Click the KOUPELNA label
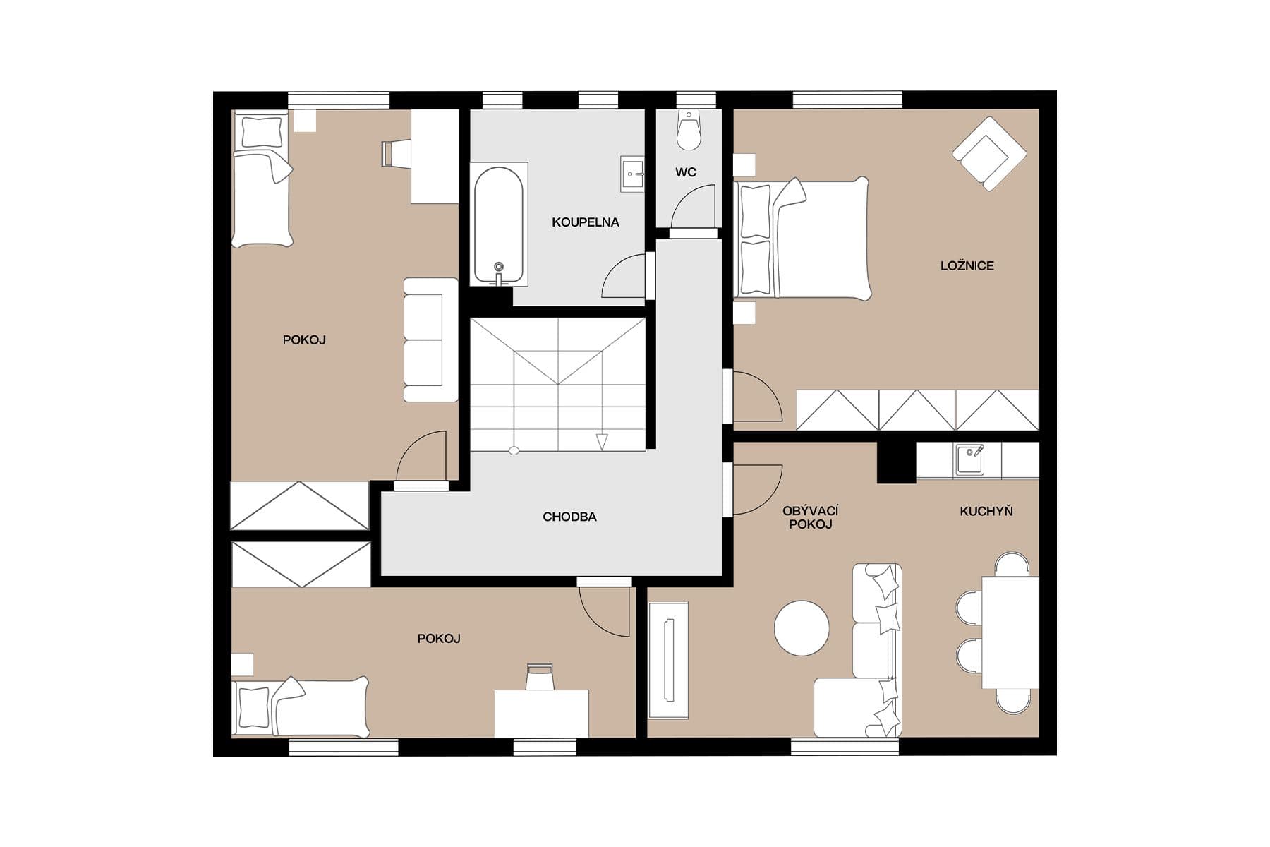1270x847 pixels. pos(585,222)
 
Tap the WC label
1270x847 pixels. pos(685,172)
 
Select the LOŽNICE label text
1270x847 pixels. pos(967,266)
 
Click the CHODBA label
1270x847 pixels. pos(569,517)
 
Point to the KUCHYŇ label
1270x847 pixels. pos(986,511)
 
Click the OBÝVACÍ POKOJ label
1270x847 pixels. pos(810,517)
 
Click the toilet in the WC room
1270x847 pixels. pos(689,131)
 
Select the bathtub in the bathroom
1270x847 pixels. pos(500,224)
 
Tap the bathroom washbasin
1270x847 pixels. pos(632,174)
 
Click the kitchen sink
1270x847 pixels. pos(969,459)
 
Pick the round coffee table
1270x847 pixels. pos(802,627)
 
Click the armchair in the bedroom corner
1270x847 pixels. pos(988,153)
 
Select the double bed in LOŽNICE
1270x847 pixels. pos(802,239)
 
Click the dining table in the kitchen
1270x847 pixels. pos(1010,632)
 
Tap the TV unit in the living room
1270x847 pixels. pos(668,661)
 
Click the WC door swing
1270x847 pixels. pos(694,206)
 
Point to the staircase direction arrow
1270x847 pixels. pos(601,442)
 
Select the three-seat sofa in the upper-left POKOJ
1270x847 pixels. pos(430,340)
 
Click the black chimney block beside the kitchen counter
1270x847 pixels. pos(895,462)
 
